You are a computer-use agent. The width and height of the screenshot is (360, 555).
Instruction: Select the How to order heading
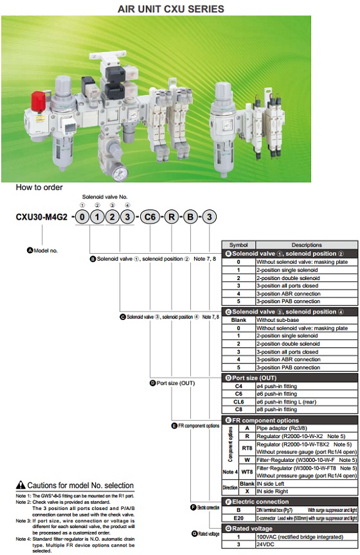(x=39, y=188)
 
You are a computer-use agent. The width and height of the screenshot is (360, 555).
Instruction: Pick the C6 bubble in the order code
(x=150, y=217)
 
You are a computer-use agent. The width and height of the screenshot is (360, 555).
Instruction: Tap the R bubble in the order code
(x=172, y=217)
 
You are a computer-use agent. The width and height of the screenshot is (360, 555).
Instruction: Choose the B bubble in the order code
(x=192, y=217)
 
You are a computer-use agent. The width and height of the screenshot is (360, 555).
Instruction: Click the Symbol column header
(x=238, y=245)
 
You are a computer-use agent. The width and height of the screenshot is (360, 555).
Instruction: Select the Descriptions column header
(x=306, y=245)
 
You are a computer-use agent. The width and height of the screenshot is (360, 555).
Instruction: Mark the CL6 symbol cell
(x=238, y=401)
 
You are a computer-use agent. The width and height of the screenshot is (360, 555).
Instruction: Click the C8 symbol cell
(x=238, y=410)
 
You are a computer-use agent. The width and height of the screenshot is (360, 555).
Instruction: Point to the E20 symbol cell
(x=238, y=517)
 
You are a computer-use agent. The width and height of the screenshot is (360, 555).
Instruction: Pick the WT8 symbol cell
(x=247, y=471)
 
